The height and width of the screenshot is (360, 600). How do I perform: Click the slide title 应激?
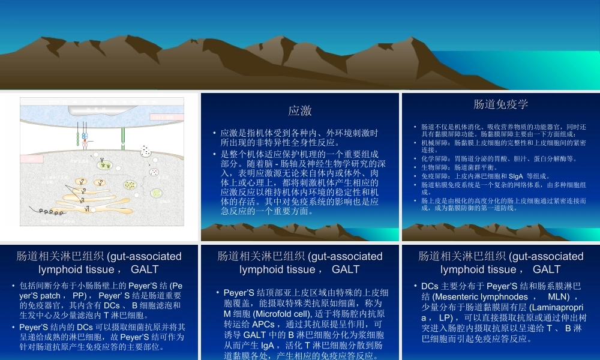pos(299,110)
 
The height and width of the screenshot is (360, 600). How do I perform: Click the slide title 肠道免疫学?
pos(500,104)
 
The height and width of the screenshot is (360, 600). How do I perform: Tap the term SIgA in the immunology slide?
pos(515,176)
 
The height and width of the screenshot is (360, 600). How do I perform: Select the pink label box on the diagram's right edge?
pos(166,117)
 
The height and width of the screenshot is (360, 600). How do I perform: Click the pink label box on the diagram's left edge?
pos(32,158)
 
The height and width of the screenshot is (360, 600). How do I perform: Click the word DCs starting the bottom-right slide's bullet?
pos(430,286)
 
